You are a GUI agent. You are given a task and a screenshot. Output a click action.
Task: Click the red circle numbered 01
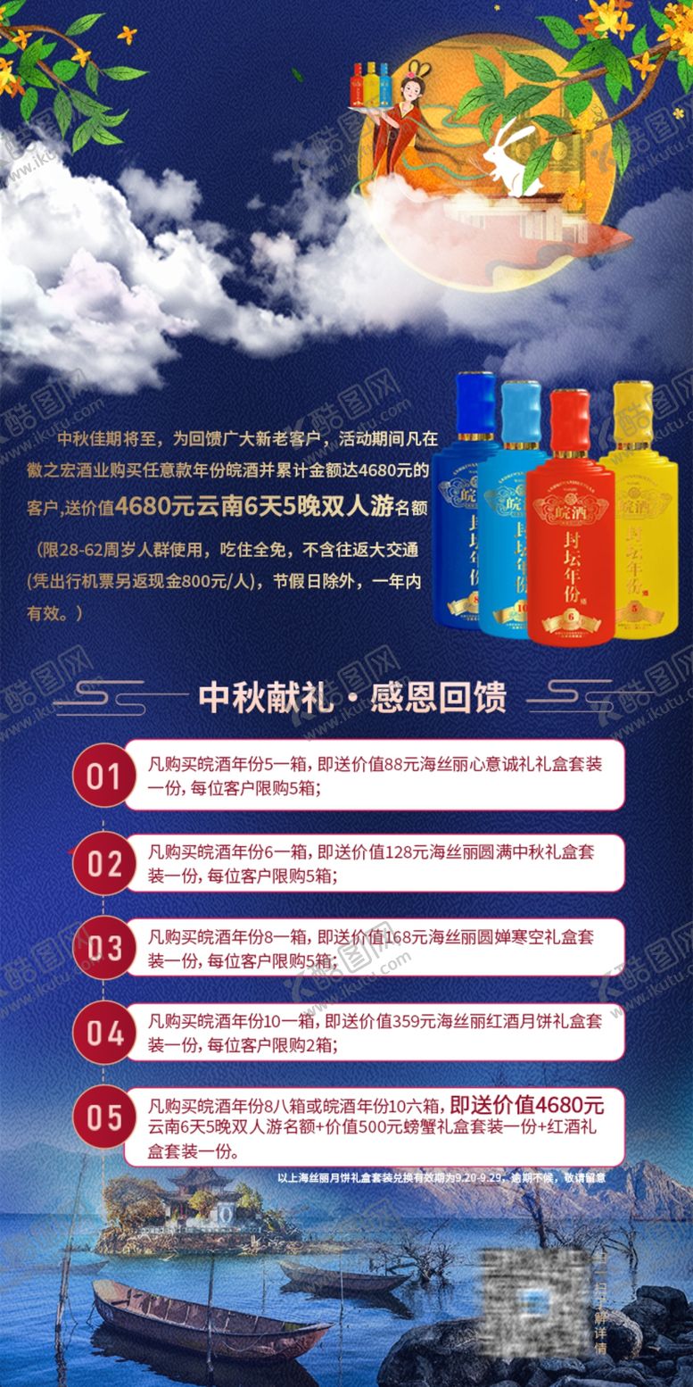point(103,776)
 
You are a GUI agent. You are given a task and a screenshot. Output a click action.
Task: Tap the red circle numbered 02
point(103,863)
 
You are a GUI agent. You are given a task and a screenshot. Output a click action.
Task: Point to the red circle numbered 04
point(103,1034)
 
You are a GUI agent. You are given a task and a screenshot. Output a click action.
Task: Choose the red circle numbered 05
point(103,1117)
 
